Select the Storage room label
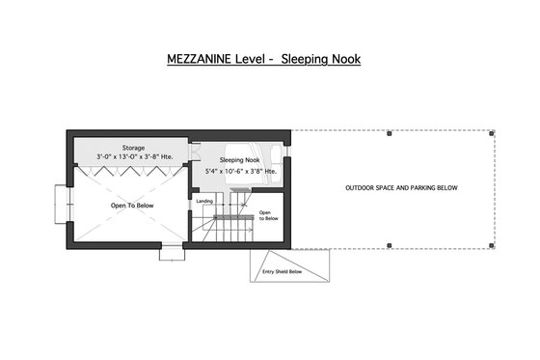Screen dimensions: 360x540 pos(133,148)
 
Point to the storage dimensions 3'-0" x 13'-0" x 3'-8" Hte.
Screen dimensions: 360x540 pos(133,156)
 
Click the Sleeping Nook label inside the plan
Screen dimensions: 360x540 pos(239,160)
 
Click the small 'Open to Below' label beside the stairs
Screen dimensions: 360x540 pos(268,215)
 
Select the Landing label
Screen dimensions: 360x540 pos(204,201)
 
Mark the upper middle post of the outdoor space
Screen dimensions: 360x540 pos(388,132)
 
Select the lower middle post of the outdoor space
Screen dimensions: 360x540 pos(388,244)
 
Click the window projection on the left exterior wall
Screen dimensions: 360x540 pos(63,204)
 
